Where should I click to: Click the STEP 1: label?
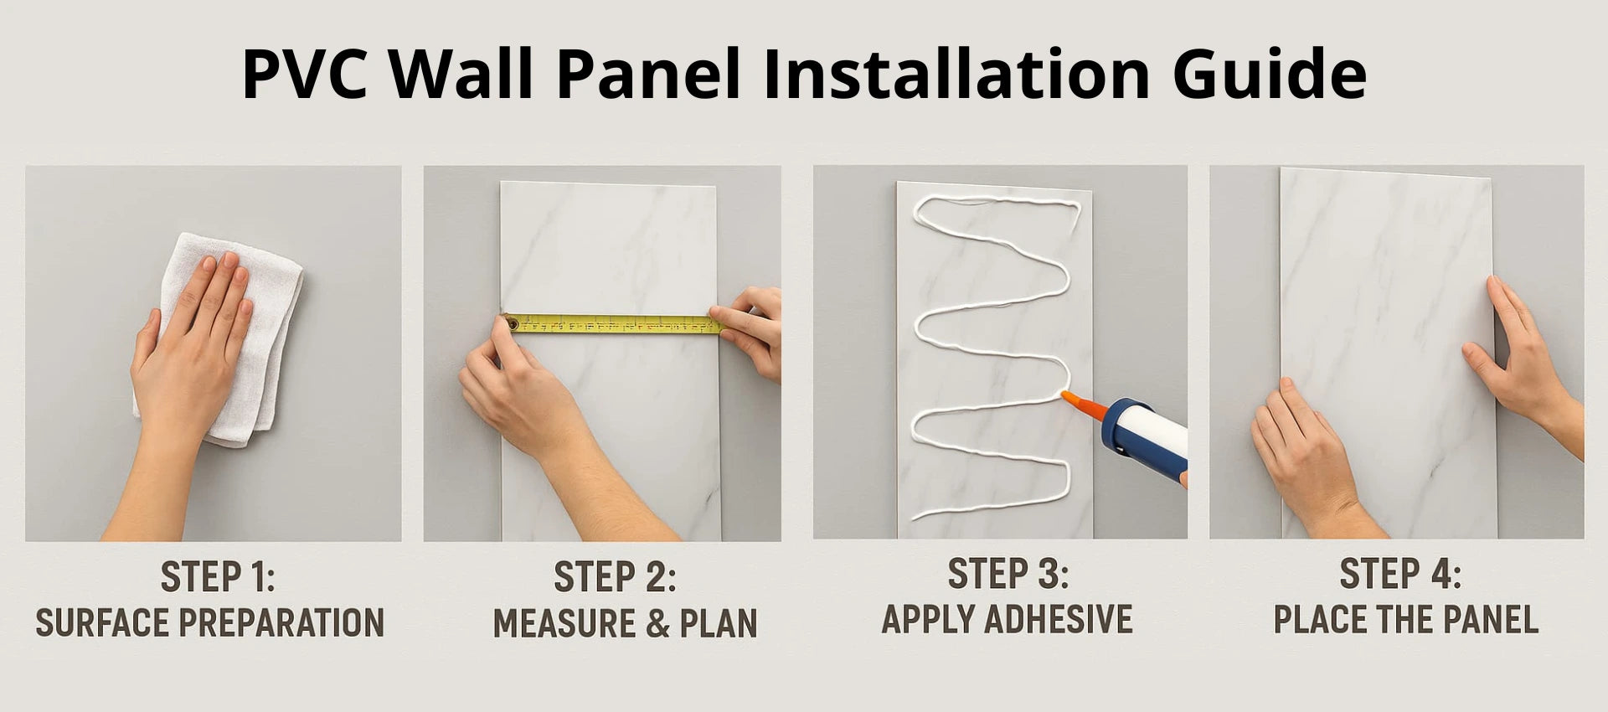[x=217, y=577]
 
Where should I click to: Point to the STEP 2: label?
[x=615, y=577]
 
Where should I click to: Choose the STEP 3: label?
[x=1008, y=574]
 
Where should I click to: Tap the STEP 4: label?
[x=1400, y=574]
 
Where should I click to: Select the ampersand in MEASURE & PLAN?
[x=657, y=624]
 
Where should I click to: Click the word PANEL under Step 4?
[x=1491, y=620]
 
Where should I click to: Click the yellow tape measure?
[x=615, y=323]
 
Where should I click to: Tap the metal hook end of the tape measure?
[x=509, y=322]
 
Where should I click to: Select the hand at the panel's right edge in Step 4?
[x=1520, y=360]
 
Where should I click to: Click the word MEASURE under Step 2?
[x=564, y=624]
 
